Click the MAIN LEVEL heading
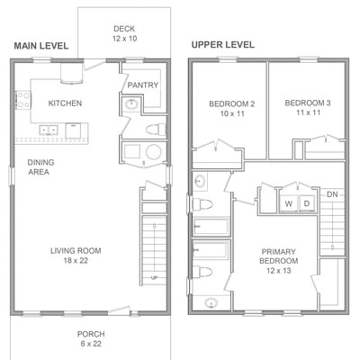pyautogui.click(x=41, y=46)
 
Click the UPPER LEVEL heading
pyautogui.click(x=223, y=45)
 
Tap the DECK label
pyautogui.click(x=124, y=29)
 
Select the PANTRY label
pyautogui.click(x=143, y=85)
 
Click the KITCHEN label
pyautogui.click(x=65, y=103)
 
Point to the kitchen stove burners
pyautogui.click(x=23, y=100)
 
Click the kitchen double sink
pyautogui.click(x=49, y=130)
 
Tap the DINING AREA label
pyautogui.click(x=40, y=167)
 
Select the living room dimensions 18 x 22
pyautogui.click(x=76, y=260)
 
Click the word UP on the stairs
pyautogui.click(x=154, y=278)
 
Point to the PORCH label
pyautogui.click(x=91, y=334)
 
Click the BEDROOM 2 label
pyautogui.click(x=232, y=104)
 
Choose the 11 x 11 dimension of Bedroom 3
pyautogui.click(x=308, y=112)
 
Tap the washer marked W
pyautogui.click(x=289, y=204)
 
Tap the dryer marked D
pyautogui.click(x=307, y=203)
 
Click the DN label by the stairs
pyautogui.click(x=332, y=194)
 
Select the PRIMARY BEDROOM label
pyautogui.click(x=279, y=256)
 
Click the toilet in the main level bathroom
pyautogui.click(x=156, y=130)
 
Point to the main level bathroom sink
pyautogui.click(x=131, y=104)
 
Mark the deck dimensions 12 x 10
pyautogui.click(x=125, y=39)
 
